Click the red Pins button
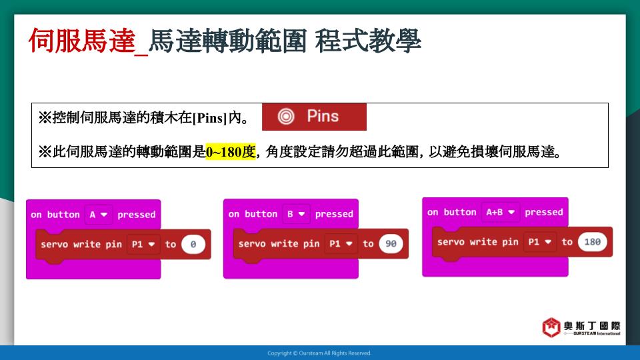314,117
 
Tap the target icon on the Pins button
286,116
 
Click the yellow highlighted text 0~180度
231,152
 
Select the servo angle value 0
193,244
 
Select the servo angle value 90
391,244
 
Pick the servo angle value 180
592,241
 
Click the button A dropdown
99,214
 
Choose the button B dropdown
296,213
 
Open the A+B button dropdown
501,212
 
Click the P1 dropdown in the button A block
143,244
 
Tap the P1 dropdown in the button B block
341,244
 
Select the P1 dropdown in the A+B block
539,241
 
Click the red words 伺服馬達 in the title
81,41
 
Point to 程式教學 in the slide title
368,41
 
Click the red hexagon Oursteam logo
551,327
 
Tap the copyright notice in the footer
319,353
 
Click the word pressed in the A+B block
544,212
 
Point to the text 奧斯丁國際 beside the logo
592,326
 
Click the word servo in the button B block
250,244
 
